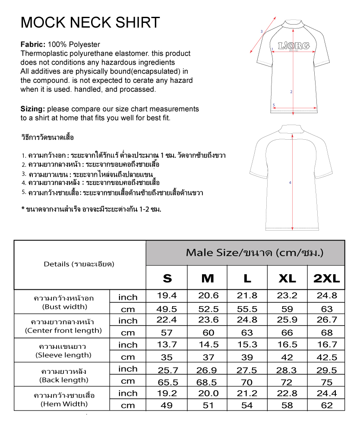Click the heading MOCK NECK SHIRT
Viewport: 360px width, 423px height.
point(90,22)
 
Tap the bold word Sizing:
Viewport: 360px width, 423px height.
point(33,109)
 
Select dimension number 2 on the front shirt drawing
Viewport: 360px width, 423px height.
point(291,92)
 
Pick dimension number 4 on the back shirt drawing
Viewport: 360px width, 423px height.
point(290,183)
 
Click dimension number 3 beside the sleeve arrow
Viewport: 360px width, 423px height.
point(262,31)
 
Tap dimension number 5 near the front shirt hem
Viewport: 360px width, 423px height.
point(274,105)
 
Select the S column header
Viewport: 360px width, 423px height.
point(167,278)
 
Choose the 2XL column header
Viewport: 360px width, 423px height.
point(326,278)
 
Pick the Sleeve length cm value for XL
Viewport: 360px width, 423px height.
point(287,357)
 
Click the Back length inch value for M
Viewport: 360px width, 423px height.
point(208,370)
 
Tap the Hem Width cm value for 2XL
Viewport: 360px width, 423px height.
point(327,405)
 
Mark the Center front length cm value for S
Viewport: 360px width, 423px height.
point(167,333)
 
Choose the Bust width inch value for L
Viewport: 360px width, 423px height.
point(247,296)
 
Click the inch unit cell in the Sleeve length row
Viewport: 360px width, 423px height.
point(128,345)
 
